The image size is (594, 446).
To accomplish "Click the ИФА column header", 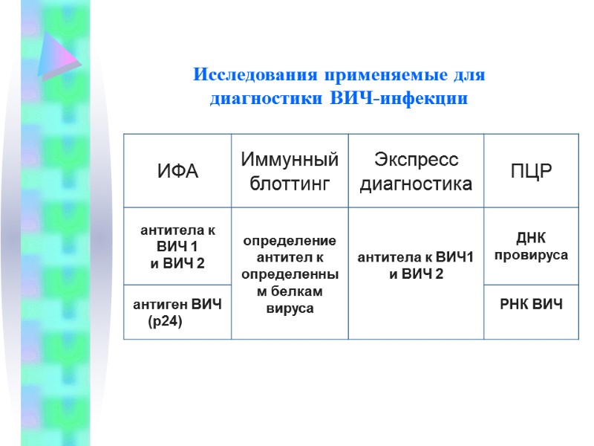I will tap(177, 172).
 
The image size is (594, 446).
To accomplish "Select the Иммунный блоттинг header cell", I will tap(289, 172).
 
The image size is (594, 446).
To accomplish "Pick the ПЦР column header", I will tap(531, 172).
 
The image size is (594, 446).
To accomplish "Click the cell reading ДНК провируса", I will tap(531, 246).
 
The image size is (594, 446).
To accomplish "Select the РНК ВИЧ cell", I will tap(531, 304).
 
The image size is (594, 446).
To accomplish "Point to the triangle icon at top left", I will tap(58, 56).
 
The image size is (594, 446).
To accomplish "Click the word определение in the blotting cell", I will tap(290, 241).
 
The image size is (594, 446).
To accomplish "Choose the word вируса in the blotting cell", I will tap(290, 308).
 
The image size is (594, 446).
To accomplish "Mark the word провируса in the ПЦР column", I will tap(531, 255).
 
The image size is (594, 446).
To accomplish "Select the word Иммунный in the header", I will tap(289, 160).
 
